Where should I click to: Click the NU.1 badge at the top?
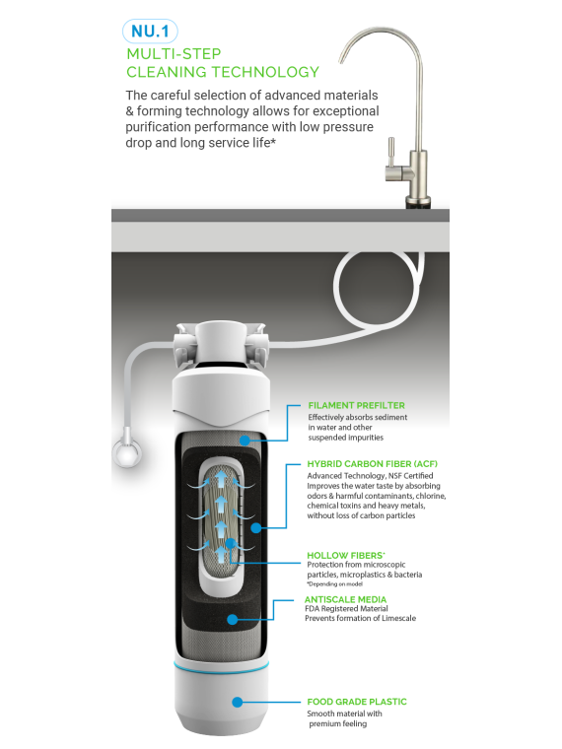click(x=150, y=32)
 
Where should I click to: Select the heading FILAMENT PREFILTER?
click(x=356, y=406)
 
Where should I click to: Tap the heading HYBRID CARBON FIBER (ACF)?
click(x=373, y=464)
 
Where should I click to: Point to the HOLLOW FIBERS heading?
click(x=345, y=555)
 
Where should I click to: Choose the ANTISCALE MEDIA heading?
click(x=345, y=599)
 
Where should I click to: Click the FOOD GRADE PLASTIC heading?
click(x=357, y=702)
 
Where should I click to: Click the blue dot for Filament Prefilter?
click(x=246, y=440)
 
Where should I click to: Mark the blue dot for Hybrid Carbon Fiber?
click(x=256, y=528)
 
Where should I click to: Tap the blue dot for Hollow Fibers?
click(x=231, y=543)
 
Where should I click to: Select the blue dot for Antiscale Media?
click(x=233, y=620)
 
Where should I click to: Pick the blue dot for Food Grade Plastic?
click(x=237, y=702)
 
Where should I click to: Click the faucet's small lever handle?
click(x=390, y=152)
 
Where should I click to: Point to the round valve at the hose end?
click(x=127, y=452)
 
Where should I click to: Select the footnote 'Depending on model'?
click(x=335, y=583)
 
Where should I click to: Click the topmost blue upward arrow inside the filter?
click(x=221, y=478)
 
